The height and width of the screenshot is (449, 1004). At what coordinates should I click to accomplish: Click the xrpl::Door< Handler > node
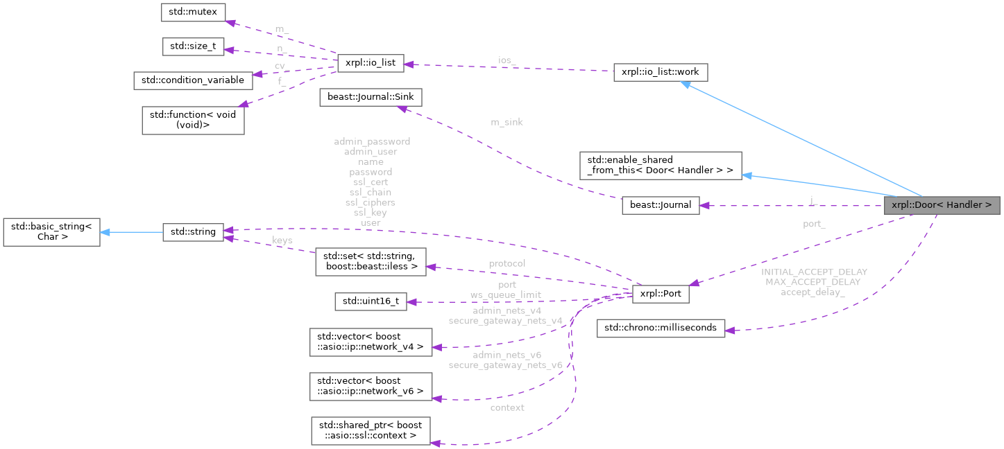[x=942, y=205]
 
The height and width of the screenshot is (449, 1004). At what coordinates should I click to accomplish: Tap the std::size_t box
[x=193, y=46]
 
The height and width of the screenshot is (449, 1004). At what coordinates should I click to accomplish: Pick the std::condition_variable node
[x=193, y=80]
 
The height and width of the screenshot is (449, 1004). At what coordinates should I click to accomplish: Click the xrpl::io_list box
[x=370, y=62]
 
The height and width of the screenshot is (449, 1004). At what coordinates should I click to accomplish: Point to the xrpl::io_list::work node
[x=660, y=72]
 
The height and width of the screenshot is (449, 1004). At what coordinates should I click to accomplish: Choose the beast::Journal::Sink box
[x=370, y=97]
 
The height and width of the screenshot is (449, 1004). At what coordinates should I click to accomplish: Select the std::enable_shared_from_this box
[x=660, y=165]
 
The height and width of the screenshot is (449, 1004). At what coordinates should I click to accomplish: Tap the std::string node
[x=193, y=232]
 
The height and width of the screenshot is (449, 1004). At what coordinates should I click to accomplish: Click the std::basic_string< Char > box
[x=52, y=232]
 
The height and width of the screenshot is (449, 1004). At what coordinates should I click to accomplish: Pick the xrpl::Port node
[x=660, y=294]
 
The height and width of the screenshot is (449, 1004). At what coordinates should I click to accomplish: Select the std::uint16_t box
[x=370, y=301]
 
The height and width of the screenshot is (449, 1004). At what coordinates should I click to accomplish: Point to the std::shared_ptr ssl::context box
[x=370, y=430]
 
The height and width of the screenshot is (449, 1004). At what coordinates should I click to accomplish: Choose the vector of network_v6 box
[x=370, y=386]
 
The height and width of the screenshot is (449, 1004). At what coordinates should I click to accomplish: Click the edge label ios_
[x=507, y=61]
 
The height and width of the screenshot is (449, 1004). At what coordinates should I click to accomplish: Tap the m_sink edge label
[x=507, y=122]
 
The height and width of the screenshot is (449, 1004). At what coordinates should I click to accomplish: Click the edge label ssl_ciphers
[x=371, y=202]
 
